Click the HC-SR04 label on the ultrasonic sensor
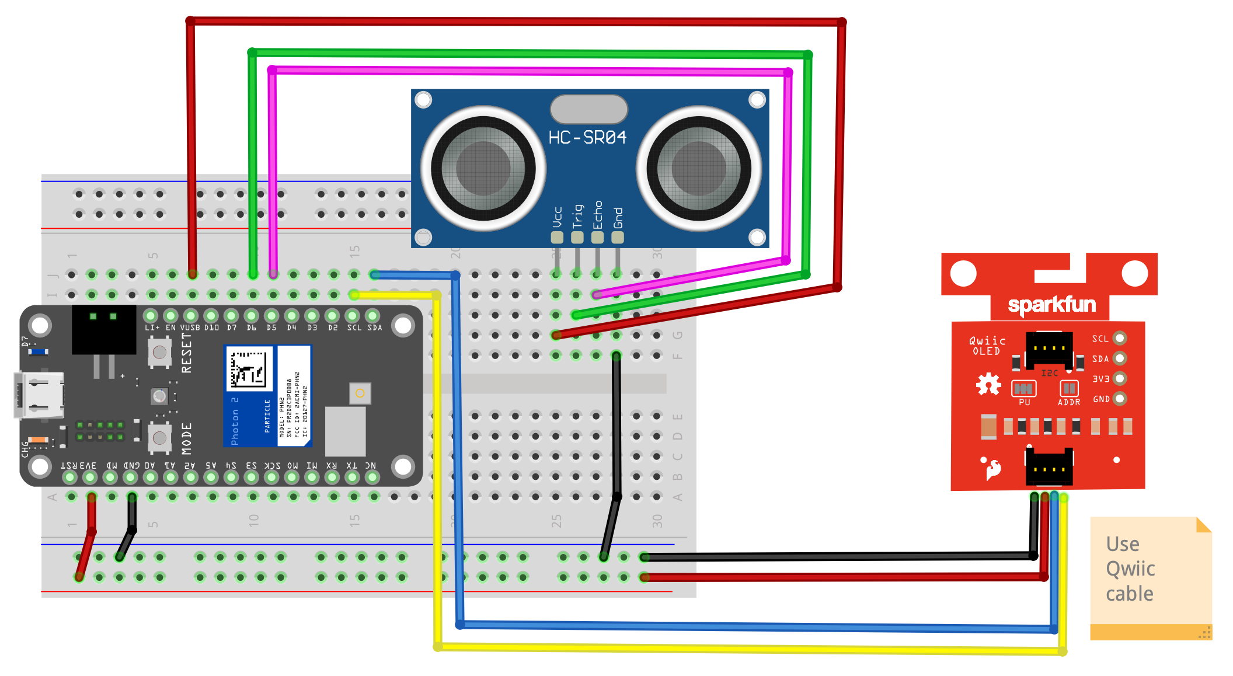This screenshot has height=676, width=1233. tap(587, 138)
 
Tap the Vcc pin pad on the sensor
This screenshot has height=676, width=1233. tap(557, 237)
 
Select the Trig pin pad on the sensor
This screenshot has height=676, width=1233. tap(577, 237)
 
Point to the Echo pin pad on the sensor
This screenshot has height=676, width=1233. tap(597, 237)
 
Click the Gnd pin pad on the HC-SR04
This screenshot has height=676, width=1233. tap(618, 237)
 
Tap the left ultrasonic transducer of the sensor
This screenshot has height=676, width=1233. tap(483, 169)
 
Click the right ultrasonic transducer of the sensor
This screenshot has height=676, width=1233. tap(698, 169)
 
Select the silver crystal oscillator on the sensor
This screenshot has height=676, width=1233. tap(588, 109)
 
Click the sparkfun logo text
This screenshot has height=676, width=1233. tap(1051, 305)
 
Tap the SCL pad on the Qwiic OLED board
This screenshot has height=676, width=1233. tap(1119, 339)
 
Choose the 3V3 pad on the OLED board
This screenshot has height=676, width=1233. tap(1119, 379)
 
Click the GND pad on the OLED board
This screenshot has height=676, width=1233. tap(1119, 399)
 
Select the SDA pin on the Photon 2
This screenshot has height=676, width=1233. tap(372, 316)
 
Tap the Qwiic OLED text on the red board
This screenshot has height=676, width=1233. tap(987, 346)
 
